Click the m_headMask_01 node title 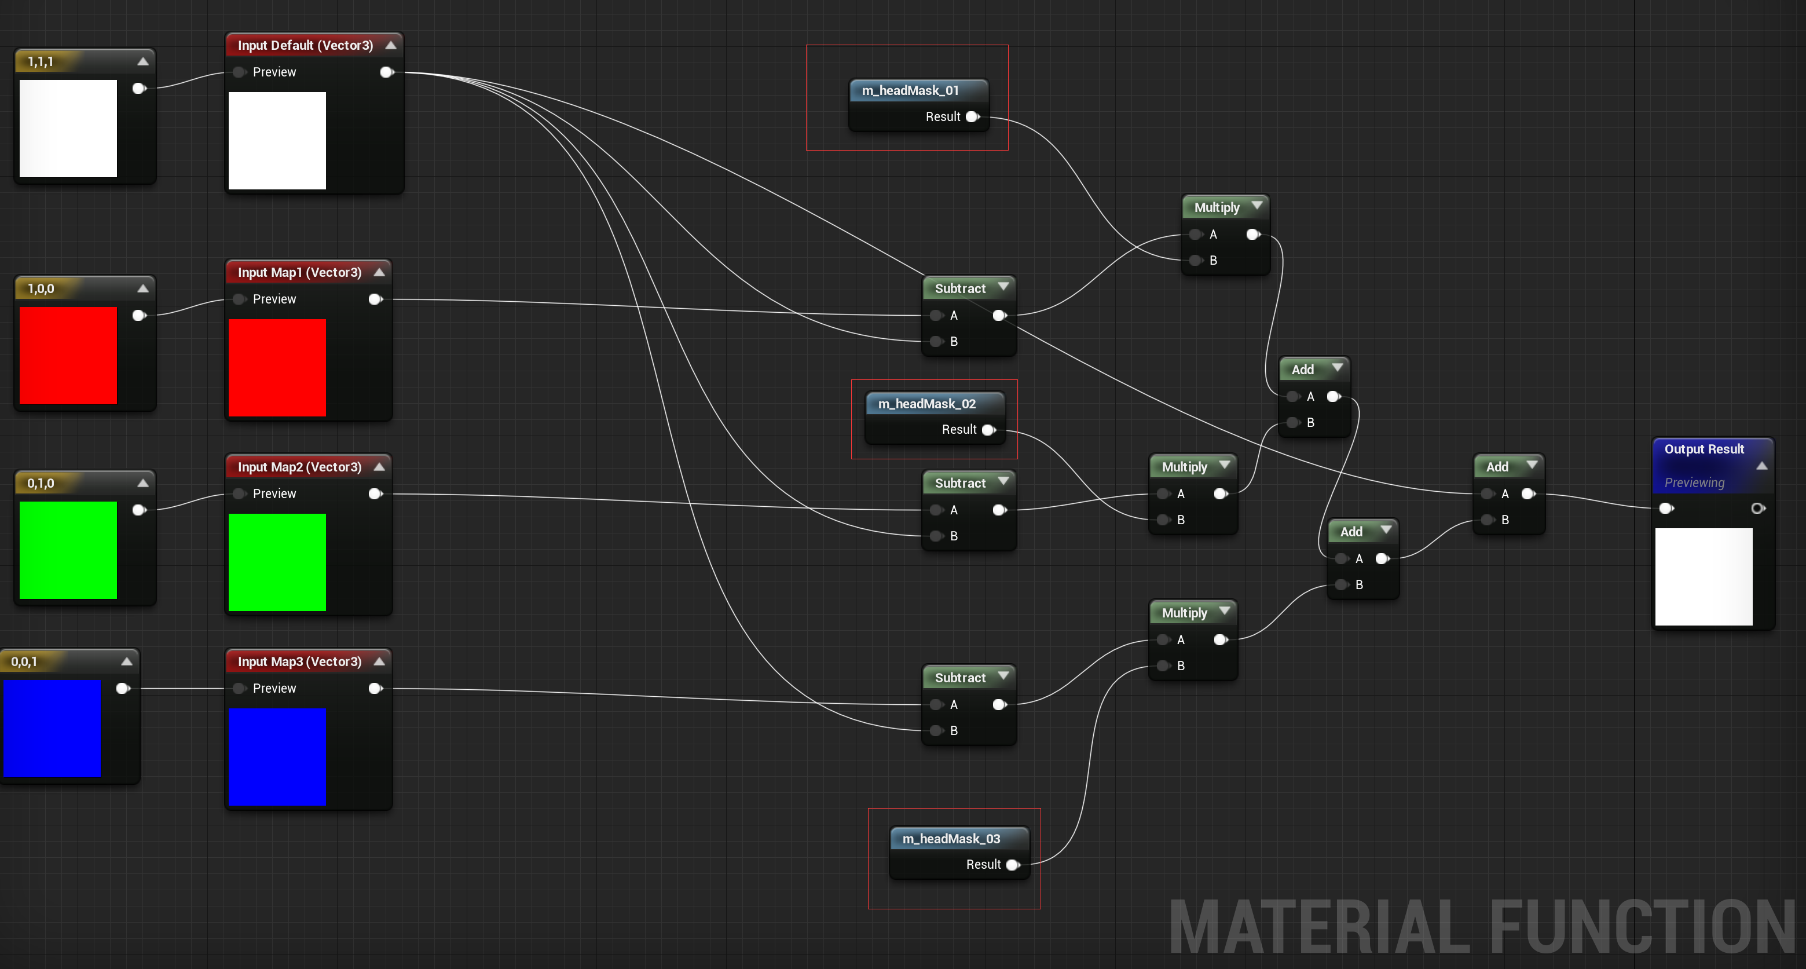click(910, 90)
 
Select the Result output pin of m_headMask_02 click(988, 430)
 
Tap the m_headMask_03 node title click(951, 839)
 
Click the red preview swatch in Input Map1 click(277, 368)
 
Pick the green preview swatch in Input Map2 click(277, 562)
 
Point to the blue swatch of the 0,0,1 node click(52, 729)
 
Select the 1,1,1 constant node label click(41, 62)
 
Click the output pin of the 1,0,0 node click(139, 316)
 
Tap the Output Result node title click(1704, 449)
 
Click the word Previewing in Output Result click(1694, 482)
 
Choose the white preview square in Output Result click(1704, 576)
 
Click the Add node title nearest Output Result click(1497, 467)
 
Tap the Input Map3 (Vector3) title click(299, 662)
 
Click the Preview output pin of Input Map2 click(376, 494)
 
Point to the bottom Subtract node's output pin click(1000, 705)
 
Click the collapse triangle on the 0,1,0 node click(143, 482)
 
